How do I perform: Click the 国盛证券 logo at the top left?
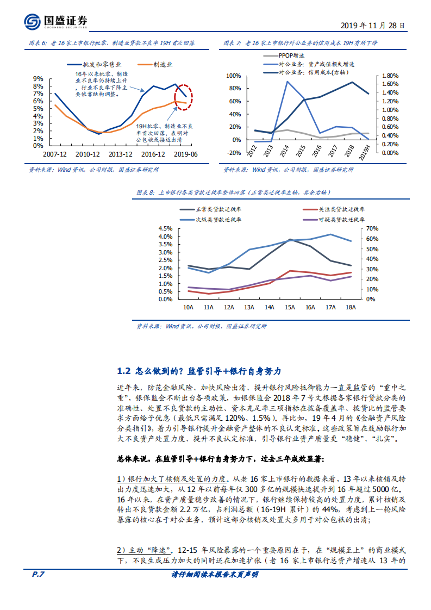(x=55, y=21)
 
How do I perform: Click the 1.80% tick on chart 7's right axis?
(x=390, y=76)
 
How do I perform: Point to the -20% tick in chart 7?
(x=233, y=153)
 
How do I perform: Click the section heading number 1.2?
(x=124, y=371)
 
